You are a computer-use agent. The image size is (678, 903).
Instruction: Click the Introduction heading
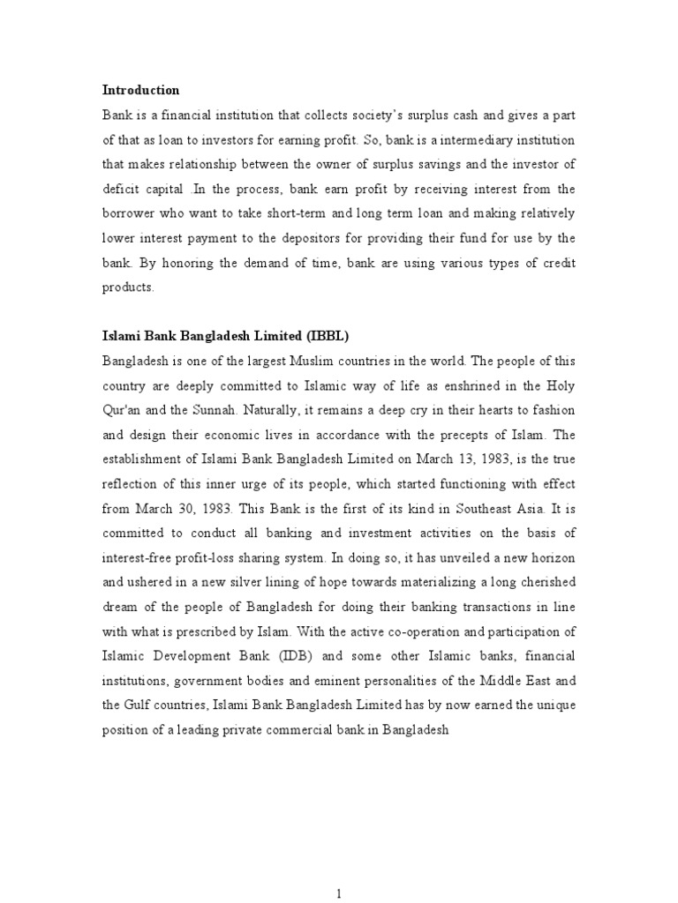[x=141, y=90]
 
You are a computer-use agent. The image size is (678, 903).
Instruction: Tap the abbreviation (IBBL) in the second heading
[x=329, y=336]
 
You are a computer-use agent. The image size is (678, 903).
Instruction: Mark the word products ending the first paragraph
[x=127, y=287]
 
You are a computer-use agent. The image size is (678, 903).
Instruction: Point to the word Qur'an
[x=123, y=410]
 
